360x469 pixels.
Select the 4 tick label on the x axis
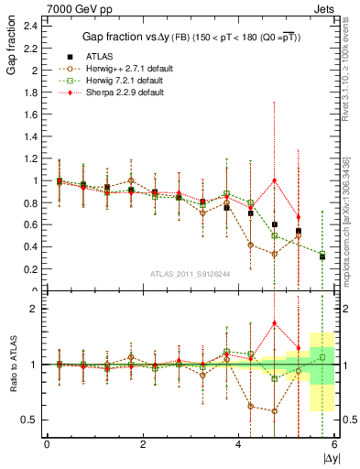click(x=239, y=444)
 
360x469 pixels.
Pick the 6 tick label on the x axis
click(x=335, y=444)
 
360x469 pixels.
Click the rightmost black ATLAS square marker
click(x=322, y=256)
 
